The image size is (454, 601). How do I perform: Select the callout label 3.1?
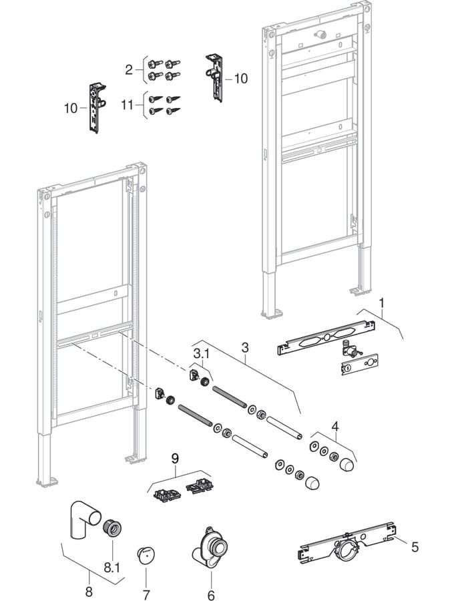pyautogui.click(x=201, y=352)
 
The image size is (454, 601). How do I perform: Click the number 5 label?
pyautogui.click(x=415, y=547)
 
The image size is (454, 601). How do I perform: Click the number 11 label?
pyautogui.click(x=132, y=105)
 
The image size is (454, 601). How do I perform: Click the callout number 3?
pyautogui.click(x=245, y=347)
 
